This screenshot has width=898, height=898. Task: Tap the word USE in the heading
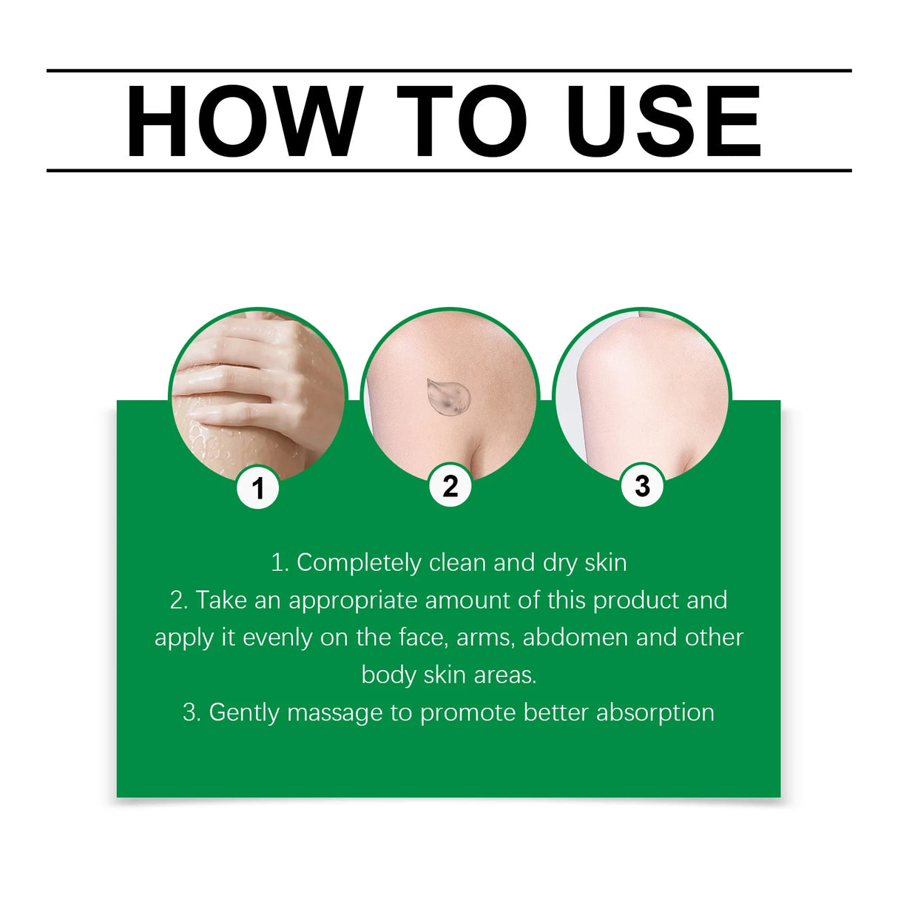[664, 121]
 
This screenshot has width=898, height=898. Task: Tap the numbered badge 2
[450, 486]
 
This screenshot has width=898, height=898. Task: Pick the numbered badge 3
[642, 485]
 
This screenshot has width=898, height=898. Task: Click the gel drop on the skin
[448, 397]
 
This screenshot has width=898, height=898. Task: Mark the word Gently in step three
[243, 713]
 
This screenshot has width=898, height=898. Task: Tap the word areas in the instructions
[504, 675]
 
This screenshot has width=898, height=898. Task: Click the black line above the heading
[449, 71]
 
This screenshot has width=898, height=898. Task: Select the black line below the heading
[449, 171]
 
